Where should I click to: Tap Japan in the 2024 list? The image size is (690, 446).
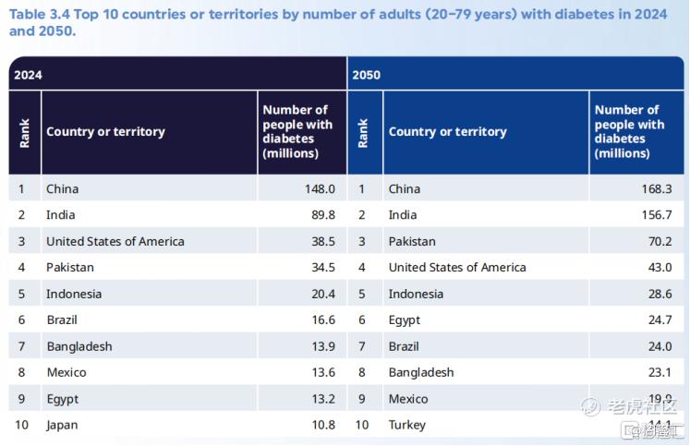(62, 426)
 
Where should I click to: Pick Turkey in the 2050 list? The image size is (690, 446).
(407, 426)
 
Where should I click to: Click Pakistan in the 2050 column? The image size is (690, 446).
(412, 242)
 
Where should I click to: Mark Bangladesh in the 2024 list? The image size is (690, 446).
(79, 346)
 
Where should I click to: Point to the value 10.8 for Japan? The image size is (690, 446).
(321, 426)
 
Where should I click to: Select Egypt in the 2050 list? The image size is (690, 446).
(405, 320)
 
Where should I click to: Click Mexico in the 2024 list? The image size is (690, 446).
(67, 373)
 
